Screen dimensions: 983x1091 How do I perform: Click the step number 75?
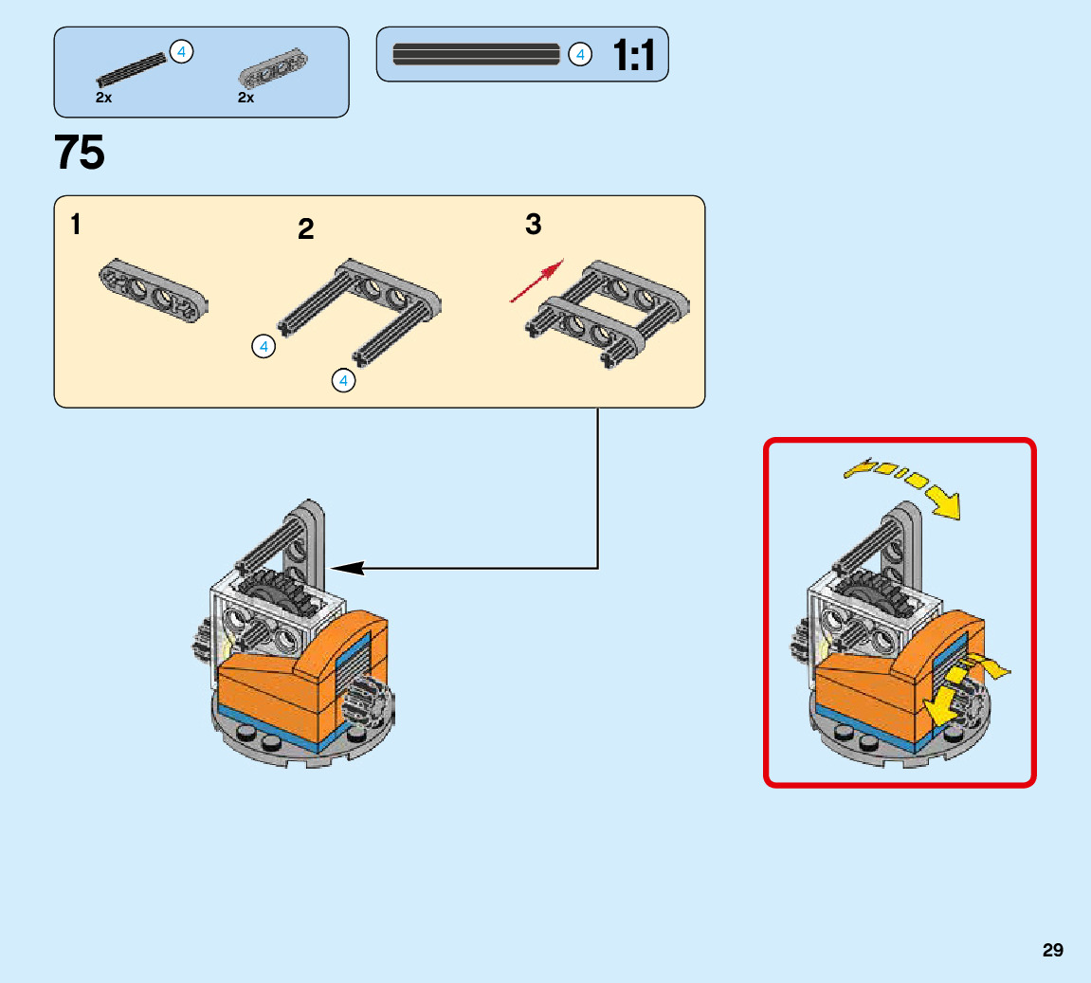80,153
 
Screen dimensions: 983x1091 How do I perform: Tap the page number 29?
1052,950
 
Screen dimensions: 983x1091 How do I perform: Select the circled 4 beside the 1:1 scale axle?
579,55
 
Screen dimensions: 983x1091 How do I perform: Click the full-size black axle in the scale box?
476,54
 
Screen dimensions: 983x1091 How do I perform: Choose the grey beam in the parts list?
272,69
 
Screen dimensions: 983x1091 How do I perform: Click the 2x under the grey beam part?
246,98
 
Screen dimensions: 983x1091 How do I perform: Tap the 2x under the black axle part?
104,98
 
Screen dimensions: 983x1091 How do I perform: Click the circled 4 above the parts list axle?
180,51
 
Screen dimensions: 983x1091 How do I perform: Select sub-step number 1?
75,226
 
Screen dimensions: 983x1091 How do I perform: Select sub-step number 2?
305,229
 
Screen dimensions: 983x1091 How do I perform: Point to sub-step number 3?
534,225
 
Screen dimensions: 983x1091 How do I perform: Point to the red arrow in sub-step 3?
537,282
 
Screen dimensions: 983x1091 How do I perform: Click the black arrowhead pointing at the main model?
347,568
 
